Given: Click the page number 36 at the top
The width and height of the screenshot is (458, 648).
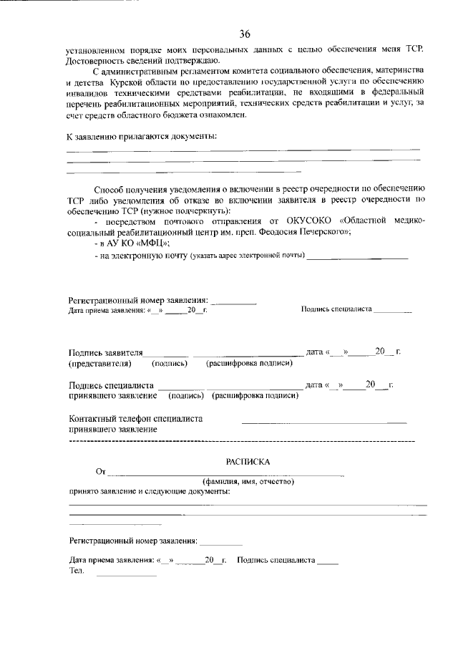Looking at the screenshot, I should [x=245, y=34].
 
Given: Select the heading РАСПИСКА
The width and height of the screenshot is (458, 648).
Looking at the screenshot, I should [x=248, y=462].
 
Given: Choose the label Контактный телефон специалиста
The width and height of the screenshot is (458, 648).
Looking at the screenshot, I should [x=135, y=418].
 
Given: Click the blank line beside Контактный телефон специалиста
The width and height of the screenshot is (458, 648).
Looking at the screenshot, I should [x=323, y=422].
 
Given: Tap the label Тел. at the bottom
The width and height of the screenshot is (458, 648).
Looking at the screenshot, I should [x=77, y=571].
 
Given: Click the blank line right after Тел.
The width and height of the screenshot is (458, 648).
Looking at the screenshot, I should [x=126, y=574].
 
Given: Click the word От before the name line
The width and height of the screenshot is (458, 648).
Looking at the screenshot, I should [x=100, y=473].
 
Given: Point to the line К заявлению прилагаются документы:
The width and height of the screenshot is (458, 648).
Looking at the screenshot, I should [x=142, y=136].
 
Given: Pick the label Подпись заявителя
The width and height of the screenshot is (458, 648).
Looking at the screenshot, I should [x=106, y=352].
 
